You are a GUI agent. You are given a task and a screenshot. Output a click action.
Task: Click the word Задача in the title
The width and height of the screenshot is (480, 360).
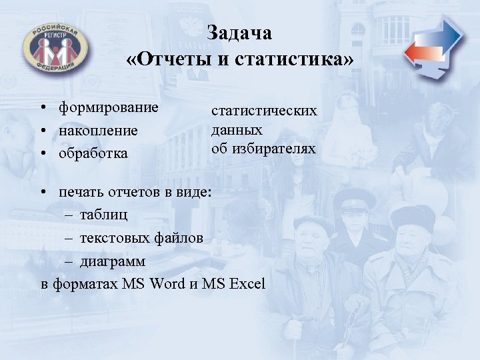239,33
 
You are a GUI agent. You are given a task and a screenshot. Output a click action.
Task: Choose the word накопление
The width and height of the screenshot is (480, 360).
98,130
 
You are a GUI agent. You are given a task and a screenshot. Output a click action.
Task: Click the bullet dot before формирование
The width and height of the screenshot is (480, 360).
42,108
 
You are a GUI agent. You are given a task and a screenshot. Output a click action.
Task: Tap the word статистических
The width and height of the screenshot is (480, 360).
264,111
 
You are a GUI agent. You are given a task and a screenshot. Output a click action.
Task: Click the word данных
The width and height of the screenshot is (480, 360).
237,129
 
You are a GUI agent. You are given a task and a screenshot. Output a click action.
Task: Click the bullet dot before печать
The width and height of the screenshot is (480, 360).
42,193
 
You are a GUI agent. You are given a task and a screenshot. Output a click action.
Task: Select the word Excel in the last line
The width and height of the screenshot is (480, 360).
247,283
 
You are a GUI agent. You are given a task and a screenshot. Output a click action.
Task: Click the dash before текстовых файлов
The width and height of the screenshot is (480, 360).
71,238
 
